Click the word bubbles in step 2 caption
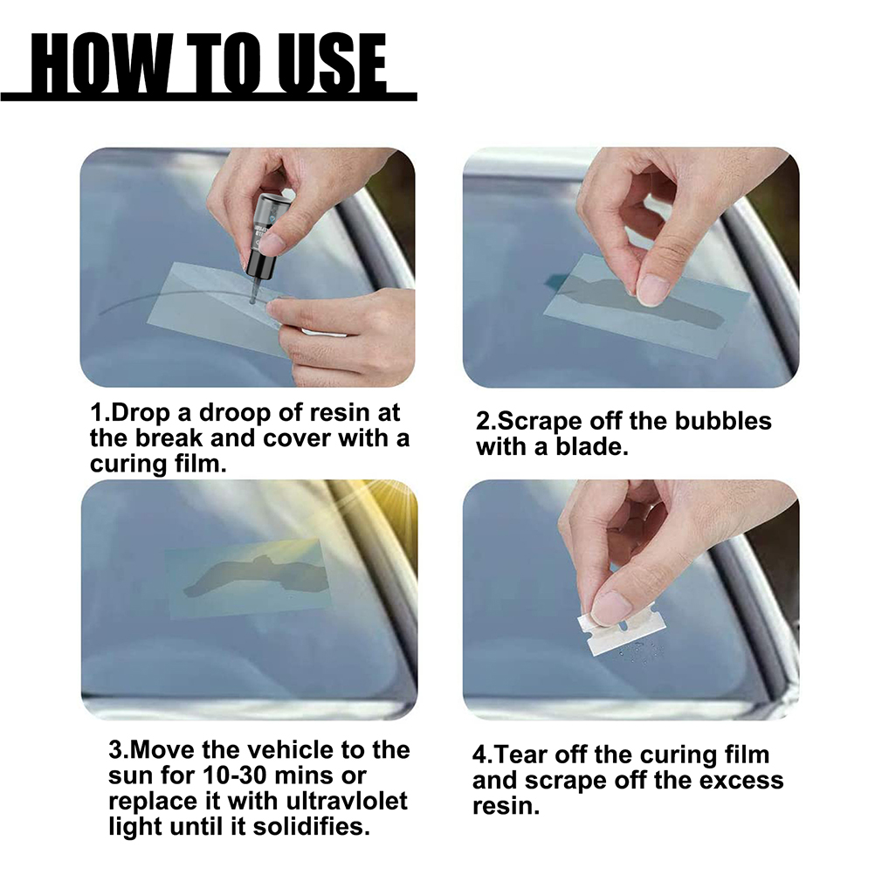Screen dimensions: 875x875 coord(723,421)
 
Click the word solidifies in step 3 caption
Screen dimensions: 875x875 coord(312,826)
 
